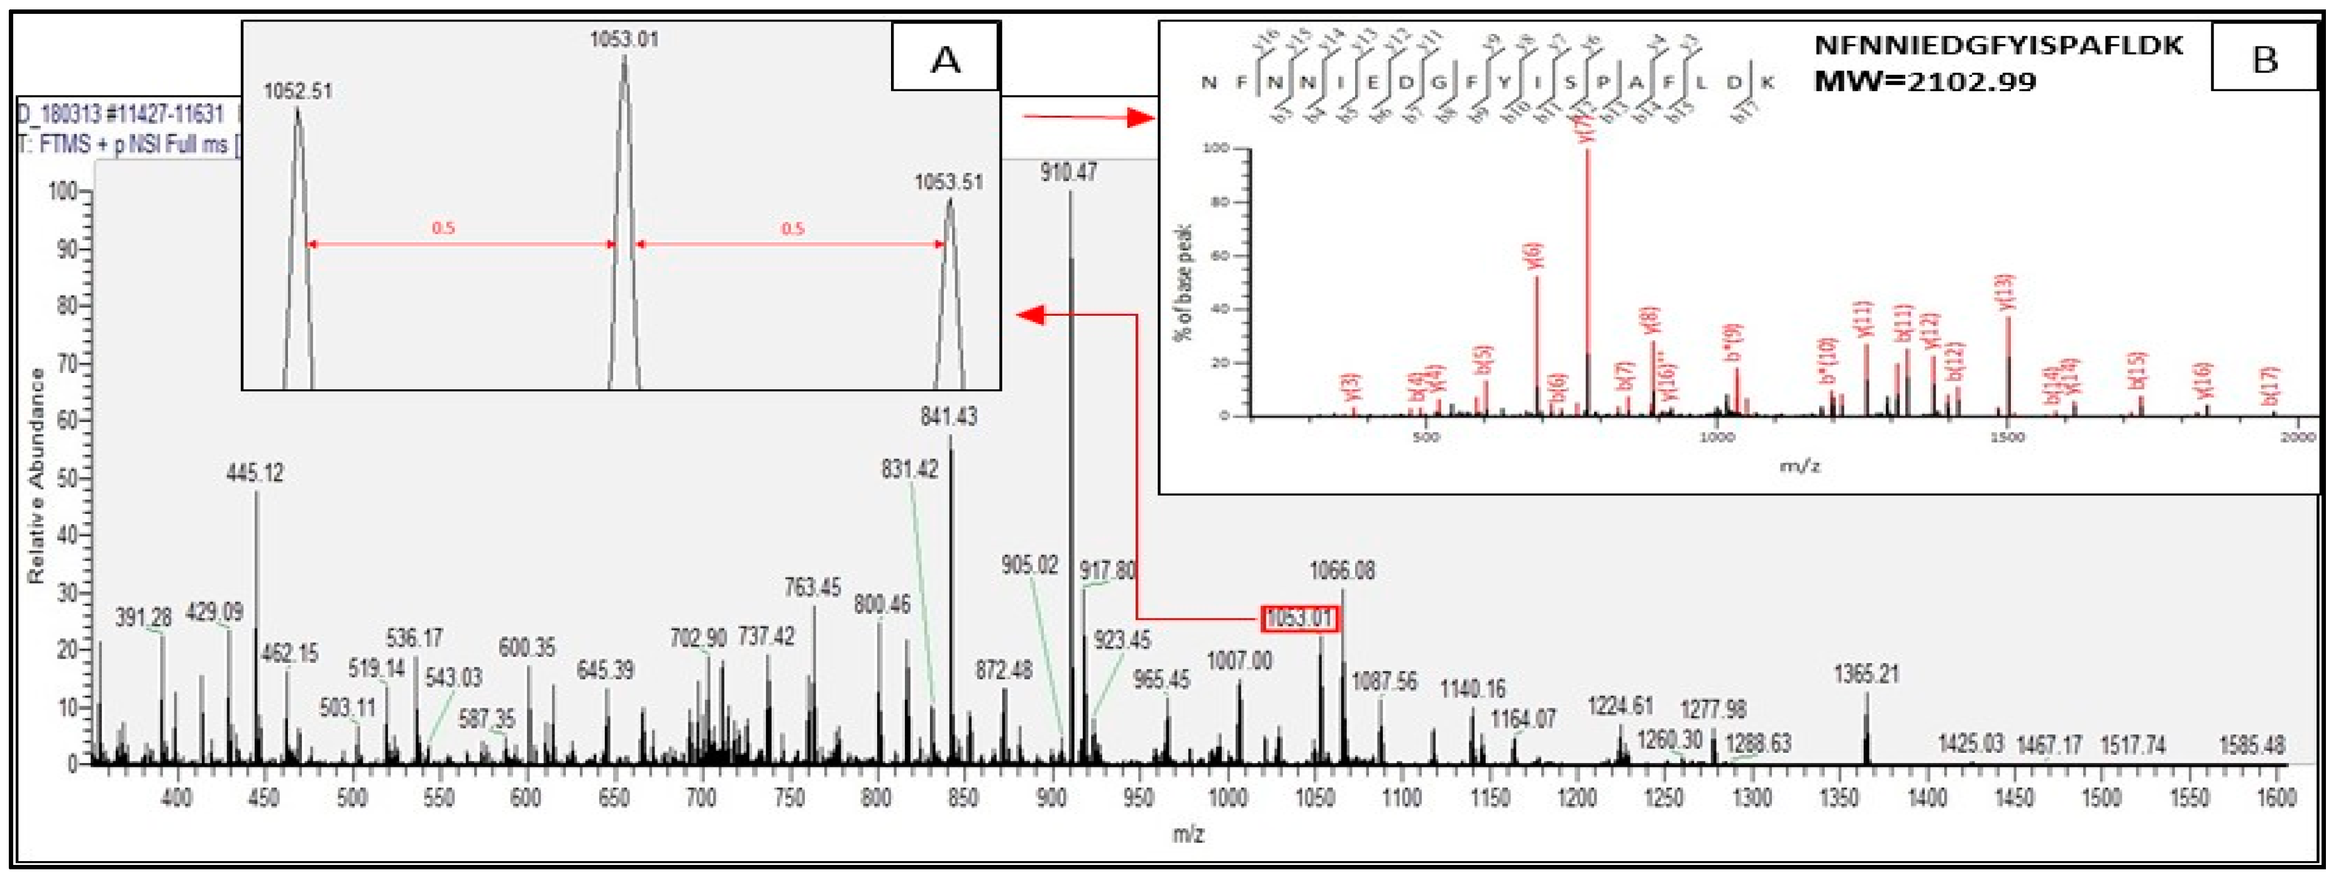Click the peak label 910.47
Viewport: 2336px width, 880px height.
[x=1068, y=172]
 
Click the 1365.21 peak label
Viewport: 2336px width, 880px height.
[x=1866, y=675]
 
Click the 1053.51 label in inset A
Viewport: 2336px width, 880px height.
[x=948, y=182]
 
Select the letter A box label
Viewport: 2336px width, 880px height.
[x=946, y=58]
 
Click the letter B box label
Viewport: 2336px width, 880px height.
[x=2264, y=58]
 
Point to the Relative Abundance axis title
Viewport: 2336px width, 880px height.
[x=37, y=476]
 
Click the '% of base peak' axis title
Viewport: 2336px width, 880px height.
[x=1184, y=281]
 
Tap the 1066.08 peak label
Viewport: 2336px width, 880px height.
[x=1342, y=572]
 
